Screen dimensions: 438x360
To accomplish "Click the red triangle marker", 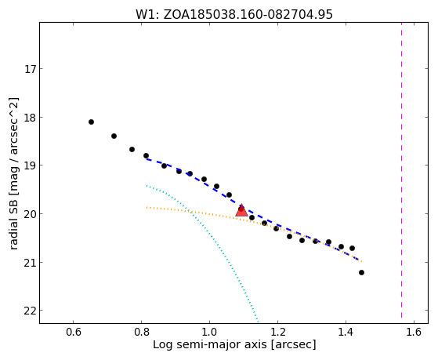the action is [241, 210].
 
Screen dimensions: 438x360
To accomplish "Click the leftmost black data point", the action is [91, 122].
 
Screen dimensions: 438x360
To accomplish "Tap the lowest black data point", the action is [361, 272].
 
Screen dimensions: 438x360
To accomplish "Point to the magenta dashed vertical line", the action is [401, 170].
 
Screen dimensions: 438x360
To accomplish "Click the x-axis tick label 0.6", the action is [74, 333].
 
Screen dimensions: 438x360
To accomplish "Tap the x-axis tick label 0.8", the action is [142, 333].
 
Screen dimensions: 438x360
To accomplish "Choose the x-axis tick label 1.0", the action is [209, 333].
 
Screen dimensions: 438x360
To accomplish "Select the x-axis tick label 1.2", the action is [277, 333].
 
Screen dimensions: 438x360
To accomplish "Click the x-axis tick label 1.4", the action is [346, 333].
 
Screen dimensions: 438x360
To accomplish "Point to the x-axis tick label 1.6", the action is [414, 333].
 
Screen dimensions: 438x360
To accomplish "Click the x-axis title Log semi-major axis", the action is [209, 344].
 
